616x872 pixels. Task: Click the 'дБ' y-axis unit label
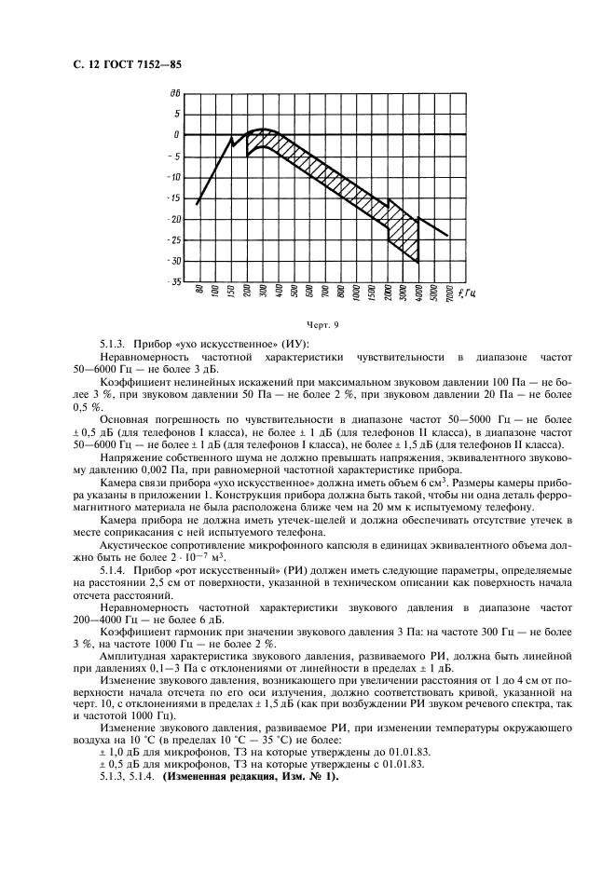pyautogui.click(x=174, y=94)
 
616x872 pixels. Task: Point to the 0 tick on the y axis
pyautogui.click(x=176, y=135)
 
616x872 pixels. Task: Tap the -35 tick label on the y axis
pyautogui.click(x=173, y=281)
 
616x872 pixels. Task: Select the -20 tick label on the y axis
pyautogui.click(x=173, y=219)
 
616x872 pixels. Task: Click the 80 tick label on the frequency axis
pyautogui.click(x=198, y=293)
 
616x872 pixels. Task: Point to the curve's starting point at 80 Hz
pyautogui.click(x=198, y=203)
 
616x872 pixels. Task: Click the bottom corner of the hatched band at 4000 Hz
pyautogui.click(x=418, y=262)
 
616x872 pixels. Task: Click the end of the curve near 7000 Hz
pyautogui.click(x=448, y=236)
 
